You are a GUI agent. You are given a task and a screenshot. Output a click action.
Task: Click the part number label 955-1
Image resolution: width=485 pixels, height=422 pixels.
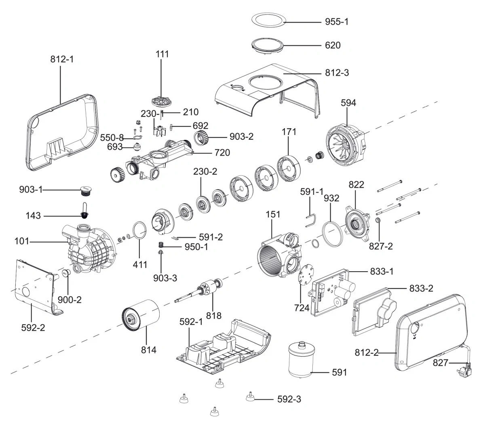click(336, 22)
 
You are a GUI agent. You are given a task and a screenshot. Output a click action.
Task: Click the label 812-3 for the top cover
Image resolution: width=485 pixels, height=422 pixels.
click(337, 73)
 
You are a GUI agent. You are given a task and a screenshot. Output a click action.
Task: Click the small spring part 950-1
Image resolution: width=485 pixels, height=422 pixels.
click(161, 245)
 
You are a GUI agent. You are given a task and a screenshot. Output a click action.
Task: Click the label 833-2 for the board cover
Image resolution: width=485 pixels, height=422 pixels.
click(421, 289)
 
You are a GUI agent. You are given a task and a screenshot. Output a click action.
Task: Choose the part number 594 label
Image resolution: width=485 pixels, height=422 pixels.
click(348, 103)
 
